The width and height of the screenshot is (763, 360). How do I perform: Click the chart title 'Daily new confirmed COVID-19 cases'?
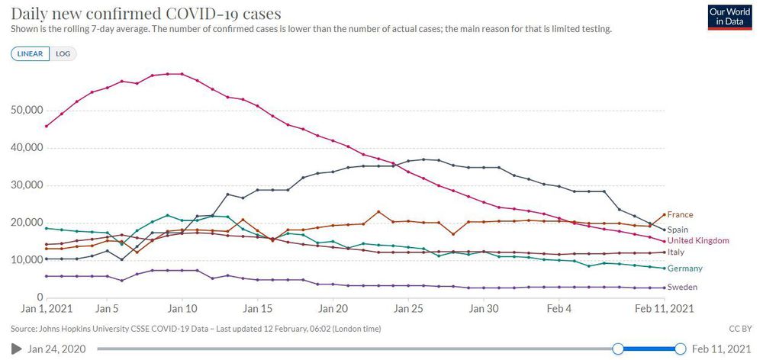[146, 14]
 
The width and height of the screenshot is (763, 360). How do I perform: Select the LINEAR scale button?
[30, 53]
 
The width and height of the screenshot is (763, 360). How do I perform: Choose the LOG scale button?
[63, 53]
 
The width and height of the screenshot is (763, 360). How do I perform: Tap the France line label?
[680, 215]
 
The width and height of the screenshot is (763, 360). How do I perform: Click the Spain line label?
[678, 229]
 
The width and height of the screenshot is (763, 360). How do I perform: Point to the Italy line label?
[674, 252]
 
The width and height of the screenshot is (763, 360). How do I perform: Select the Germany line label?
[684, 268]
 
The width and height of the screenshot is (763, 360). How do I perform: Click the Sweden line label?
[681, 288]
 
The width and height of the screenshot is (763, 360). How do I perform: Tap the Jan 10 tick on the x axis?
[182, 309]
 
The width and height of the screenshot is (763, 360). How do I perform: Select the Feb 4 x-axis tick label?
[559, 309]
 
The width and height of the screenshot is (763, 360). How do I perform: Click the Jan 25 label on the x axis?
[408, 309]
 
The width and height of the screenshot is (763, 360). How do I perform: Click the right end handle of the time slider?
[681, 349]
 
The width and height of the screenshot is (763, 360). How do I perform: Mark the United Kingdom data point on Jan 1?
[47, 126]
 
